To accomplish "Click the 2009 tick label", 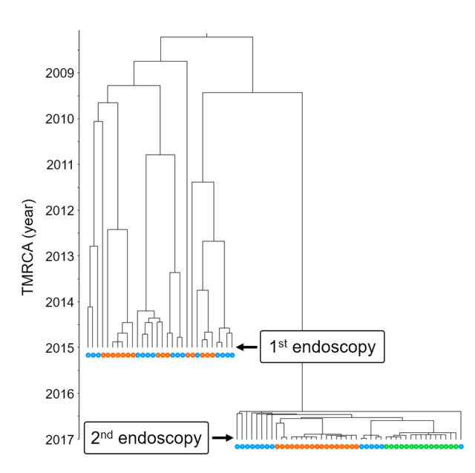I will click(58, 73).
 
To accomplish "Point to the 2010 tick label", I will click(58, 119).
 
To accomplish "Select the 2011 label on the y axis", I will click(59, 164).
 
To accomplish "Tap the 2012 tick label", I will click(58, 210).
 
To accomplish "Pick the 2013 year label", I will click(58, 256).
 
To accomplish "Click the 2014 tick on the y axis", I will click(58, 302).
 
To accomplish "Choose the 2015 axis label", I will click(58, 348).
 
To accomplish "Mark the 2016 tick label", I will click(58, 393).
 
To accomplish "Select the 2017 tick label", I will click(58, 439).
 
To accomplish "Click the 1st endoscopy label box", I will click(322, 347).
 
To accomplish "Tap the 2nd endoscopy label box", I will click(145, 438).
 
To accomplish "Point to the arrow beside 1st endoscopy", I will click(246, 347).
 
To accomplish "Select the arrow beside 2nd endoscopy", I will click(221, 438).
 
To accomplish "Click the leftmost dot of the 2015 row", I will click(88, 356).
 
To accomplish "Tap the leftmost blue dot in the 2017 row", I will click(237, 446).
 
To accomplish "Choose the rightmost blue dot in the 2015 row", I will click(232, 356).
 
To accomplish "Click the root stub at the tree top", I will click(206, 34).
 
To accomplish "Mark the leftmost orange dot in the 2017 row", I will click(277, 446).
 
